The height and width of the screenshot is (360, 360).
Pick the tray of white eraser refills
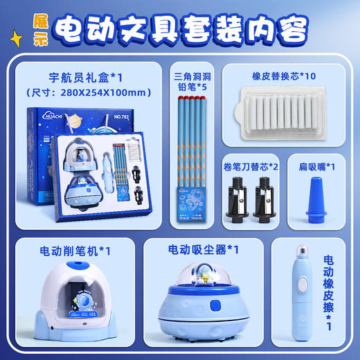pos(283,111)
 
